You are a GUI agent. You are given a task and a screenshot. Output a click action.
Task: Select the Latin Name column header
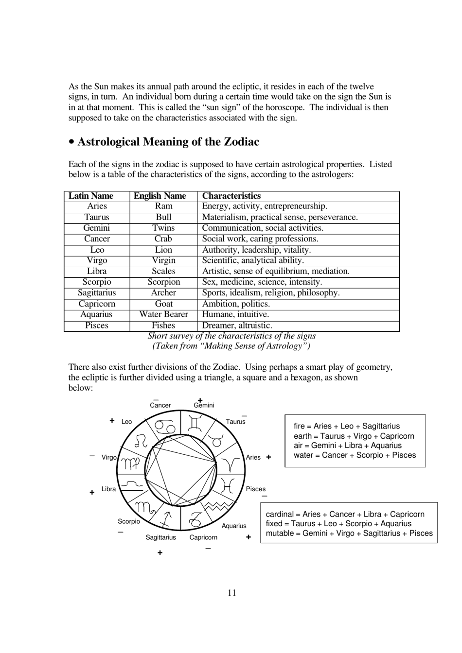point(91,196)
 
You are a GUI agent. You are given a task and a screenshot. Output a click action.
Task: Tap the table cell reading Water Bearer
point(163,314)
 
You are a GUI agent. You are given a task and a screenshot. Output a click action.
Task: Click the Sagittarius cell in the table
point(97,292)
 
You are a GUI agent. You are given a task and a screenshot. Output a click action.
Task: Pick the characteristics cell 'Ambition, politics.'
point(236,304)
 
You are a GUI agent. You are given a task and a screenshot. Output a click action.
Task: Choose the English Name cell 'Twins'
point(163,228)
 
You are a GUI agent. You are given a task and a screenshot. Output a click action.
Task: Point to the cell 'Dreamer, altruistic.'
point(237,326)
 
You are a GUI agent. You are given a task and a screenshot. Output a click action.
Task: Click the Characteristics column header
point(231,196)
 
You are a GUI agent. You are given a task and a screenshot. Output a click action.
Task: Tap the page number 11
point(231,592)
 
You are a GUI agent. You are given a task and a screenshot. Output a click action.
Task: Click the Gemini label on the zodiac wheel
point(204,405)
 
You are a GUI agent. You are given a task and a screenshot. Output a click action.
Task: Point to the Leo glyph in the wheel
point(141,441)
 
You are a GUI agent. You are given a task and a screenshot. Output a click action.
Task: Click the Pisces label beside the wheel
point(256,489)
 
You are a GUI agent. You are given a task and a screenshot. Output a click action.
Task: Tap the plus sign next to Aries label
point(268,457)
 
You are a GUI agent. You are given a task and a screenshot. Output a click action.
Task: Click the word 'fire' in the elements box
point(299,426)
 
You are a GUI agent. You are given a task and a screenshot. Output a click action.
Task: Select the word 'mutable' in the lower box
point(280,533)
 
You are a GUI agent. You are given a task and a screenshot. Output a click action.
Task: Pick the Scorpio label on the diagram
point(129,521)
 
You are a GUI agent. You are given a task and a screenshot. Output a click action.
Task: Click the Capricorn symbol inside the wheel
point(195,520)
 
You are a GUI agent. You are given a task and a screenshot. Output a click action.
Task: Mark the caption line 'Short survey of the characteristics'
point(231,336)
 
